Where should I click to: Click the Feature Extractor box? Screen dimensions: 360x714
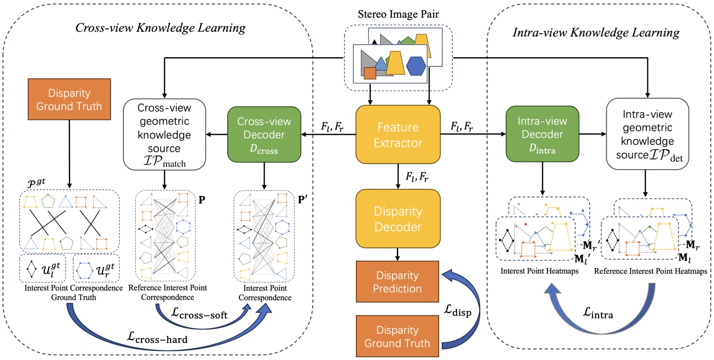tap(398, 135)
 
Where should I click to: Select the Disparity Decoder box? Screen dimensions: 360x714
tap(398, 219)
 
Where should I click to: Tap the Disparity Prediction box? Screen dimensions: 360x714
tap(397, 282)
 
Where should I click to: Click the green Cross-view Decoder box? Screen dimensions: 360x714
tap(264, 135)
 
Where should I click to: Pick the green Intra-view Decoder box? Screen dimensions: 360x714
tap(542, 134)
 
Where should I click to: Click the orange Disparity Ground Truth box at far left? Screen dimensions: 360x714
tap(69, 99)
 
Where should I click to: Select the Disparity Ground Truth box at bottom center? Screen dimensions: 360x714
tap(397, 336)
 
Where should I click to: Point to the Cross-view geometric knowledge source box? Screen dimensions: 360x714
tap(164, 134)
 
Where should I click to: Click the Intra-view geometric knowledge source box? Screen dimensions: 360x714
tap(647, 134)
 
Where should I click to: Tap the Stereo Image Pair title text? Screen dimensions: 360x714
tap(398, 14)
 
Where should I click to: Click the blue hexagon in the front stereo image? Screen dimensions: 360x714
tap(416, 66)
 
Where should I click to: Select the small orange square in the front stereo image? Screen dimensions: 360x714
tap(370, 73)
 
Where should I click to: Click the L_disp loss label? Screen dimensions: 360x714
tap(458, 311)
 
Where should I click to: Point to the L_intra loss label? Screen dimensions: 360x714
tap(598, 313)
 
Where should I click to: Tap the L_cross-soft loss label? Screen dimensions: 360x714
tap(199, 313)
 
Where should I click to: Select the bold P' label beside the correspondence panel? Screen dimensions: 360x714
tap(303, 200)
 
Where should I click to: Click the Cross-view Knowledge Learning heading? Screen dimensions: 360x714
tap(160, 28)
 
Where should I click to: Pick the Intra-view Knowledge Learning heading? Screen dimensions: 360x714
tap(596, 33)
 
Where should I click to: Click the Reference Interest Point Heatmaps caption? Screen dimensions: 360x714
tap(650, 271)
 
